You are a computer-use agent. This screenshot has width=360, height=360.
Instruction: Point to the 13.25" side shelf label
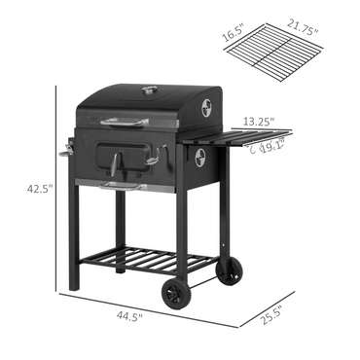click(259, 123)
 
